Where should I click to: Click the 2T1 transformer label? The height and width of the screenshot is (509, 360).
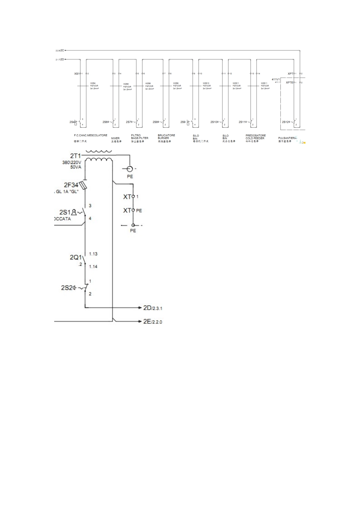point(75,156)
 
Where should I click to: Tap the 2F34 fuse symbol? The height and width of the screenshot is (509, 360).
point(84,186)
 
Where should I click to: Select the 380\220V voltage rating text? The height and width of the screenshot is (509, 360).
point(72,162)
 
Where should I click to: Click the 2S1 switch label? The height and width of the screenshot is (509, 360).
point(65,212)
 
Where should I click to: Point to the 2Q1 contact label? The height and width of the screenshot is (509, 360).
point(75,257)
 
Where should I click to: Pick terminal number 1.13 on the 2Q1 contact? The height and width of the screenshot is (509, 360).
point(93,254)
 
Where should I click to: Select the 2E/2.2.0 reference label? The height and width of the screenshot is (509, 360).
point(152,322)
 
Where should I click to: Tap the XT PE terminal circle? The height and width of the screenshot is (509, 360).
point(133,210)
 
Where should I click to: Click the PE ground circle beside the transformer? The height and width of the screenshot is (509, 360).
point(130,169)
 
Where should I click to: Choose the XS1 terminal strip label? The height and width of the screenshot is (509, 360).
point(77,74)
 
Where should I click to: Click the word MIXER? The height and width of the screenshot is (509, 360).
point(115,138)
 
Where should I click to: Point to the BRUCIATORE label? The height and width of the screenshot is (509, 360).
point(166,135)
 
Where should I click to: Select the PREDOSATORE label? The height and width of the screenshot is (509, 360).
point(255,135)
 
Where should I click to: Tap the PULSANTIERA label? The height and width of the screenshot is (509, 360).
point(287,138)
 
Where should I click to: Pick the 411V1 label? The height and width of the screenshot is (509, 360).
point(275,79)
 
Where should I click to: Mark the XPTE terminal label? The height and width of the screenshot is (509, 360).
point(289,83)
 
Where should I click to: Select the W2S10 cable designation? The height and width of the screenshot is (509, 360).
point(206,83)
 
